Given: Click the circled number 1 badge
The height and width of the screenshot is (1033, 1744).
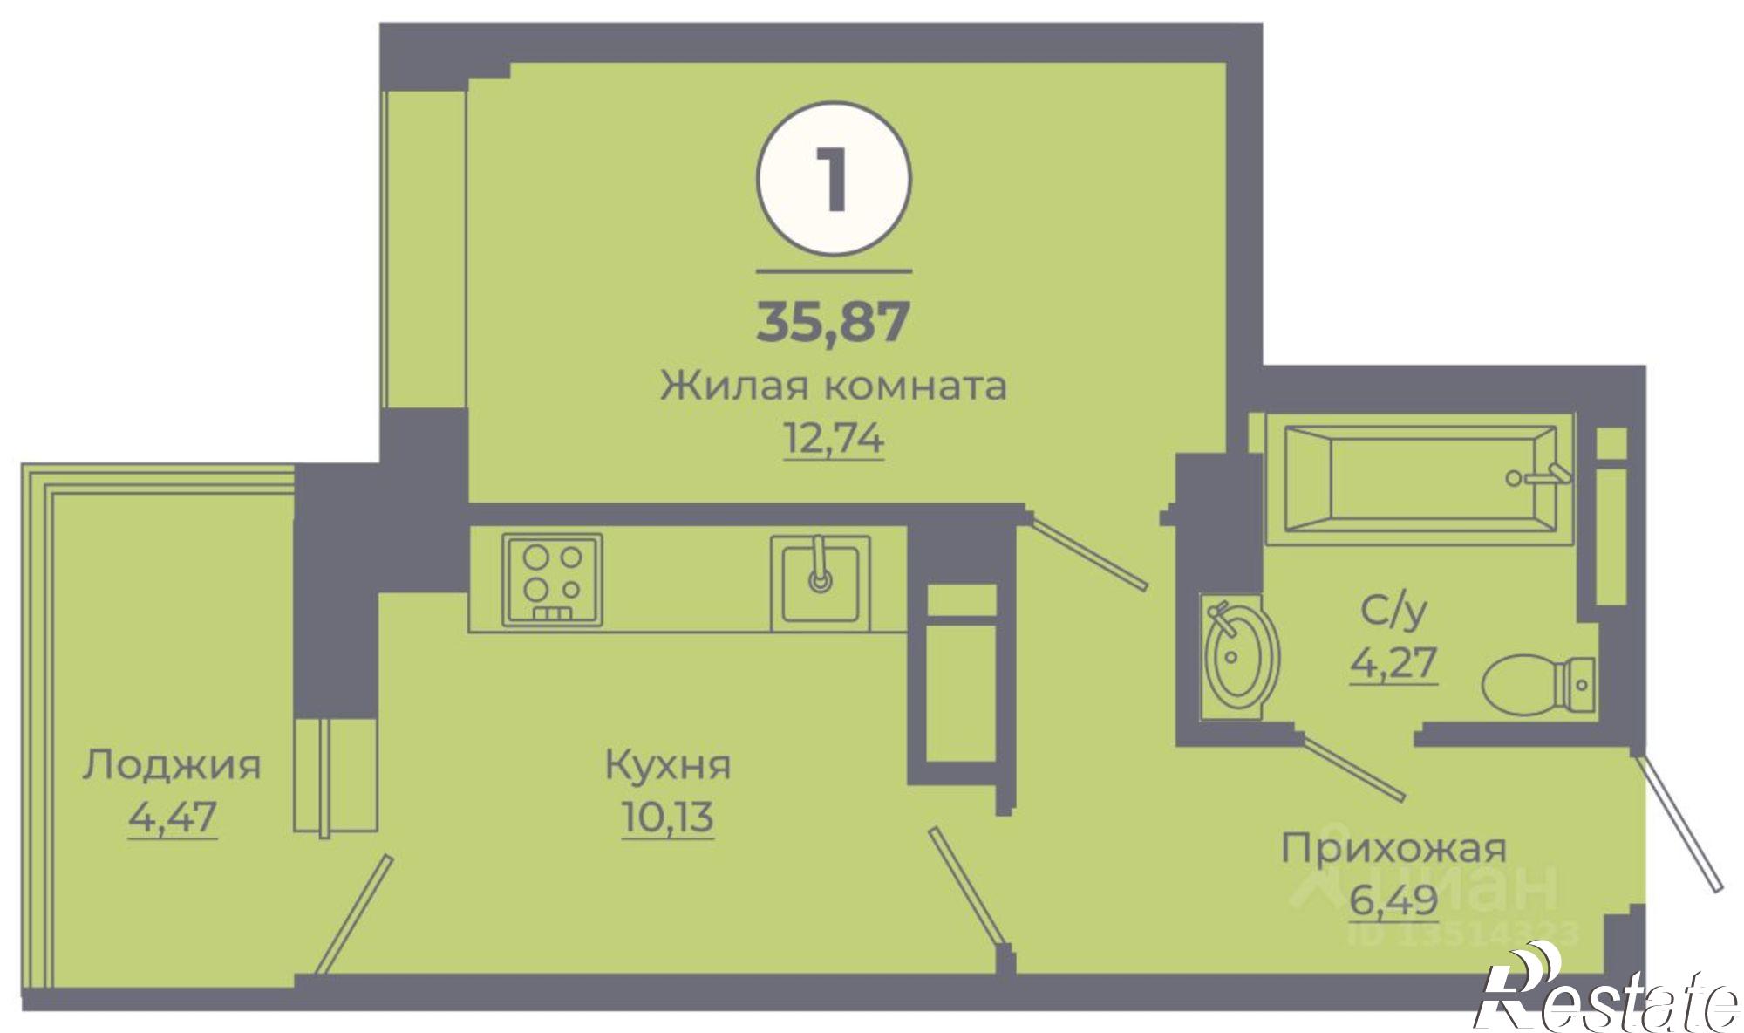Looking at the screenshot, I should (x=833, y=179).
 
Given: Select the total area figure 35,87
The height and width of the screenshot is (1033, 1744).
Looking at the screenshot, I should (x=833, y=321).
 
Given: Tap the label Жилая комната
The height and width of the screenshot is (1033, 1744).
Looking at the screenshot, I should (x=833, y=386).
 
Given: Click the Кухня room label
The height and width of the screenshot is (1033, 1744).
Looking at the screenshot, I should (x=668, y=765).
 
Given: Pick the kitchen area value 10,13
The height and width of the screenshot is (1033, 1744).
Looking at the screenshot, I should (x=668, y=818).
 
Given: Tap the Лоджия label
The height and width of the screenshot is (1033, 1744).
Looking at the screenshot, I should (x=172, y=765).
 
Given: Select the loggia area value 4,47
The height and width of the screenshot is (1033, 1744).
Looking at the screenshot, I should (x=172, y=818).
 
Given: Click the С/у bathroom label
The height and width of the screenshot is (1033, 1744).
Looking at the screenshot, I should (x=1393, y=612).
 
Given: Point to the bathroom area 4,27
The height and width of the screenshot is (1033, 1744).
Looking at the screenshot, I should (x=1393, y=663).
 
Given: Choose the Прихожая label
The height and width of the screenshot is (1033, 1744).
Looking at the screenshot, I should (x=1393, y=848).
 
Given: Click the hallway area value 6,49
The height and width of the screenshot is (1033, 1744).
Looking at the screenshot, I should (x=1393, y=899).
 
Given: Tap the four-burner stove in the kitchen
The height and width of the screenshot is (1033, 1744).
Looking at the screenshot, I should (x=552, y=579).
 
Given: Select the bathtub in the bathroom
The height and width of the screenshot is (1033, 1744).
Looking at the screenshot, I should (x=1420, y=478).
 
